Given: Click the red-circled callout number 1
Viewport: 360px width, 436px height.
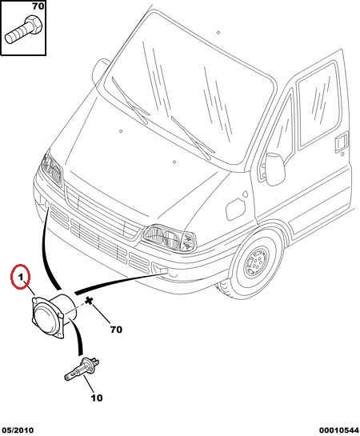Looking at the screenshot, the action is [20, 277].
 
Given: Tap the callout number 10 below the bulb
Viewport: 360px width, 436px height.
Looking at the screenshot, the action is [97, 398].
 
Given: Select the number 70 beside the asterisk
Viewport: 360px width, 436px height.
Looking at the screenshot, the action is [116, 330].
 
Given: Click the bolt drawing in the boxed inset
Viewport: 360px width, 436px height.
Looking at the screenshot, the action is [23, 30].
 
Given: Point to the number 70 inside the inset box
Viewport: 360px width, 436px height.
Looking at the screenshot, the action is [38, 6].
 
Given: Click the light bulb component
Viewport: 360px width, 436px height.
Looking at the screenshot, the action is [82, 370].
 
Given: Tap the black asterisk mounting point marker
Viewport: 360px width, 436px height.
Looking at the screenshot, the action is [89, 301].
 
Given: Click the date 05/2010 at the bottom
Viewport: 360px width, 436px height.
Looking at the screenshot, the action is [17, 430].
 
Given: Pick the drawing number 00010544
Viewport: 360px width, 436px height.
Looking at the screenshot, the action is [339, 430].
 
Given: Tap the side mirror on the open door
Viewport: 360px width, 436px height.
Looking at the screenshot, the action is [275, 169].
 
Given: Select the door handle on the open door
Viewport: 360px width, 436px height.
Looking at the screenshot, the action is [342, 142].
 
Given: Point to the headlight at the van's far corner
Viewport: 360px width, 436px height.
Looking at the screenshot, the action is [51, 168].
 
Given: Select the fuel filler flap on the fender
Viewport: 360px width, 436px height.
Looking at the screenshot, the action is [236, 208].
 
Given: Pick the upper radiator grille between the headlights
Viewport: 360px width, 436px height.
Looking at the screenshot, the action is [102, 214].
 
